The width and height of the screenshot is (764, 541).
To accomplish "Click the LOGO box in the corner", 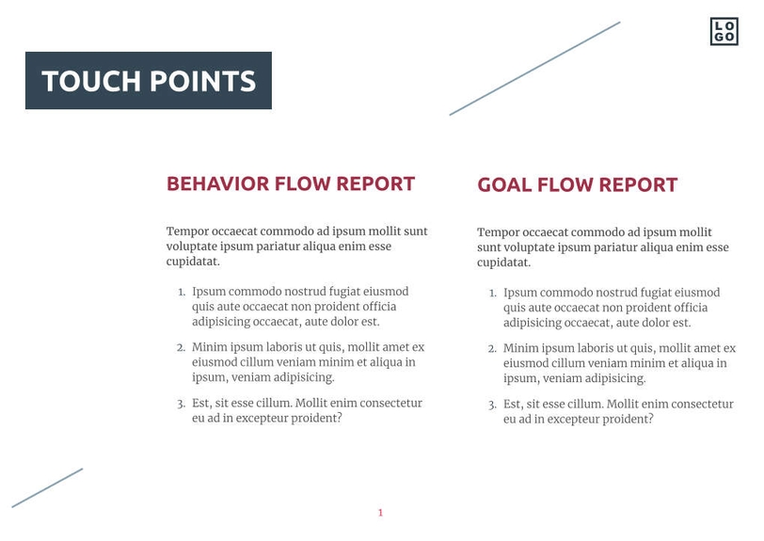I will tap(724, 31).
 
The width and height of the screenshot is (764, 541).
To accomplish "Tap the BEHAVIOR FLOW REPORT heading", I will tap(291, 183).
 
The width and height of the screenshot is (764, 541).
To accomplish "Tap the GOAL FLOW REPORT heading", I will tap(577, 185).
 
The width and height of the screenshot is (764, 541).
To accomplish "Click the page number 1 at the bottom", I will tap(380, 513).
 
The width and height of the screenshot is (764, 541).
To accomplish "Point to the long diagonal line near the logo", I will tap(534, 69).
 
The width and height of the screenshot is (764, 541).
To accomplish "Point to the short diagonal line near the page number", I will tap(47, 488).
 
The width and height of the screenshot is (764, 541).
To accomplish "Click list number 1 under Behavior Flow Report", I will tap(182, 293).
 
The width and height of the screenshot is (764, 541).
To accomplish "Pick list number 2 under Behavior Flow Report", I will tap(182, 347).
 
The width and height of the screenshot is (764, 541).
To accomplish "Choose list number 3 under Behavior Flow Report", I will tap(182, 404).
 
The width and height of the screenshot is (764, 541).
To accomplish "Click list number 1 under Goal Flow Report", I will tap(492, 294).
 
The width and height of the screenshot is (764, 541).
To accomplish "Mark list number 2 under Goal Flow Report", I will tap(492, 349).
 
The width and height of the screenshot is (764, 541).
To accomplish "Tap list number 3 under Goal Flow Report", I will tap(492, 405).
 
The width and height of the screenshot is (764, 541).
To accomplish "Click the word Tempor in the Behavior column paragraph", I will tap(185, 231).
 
